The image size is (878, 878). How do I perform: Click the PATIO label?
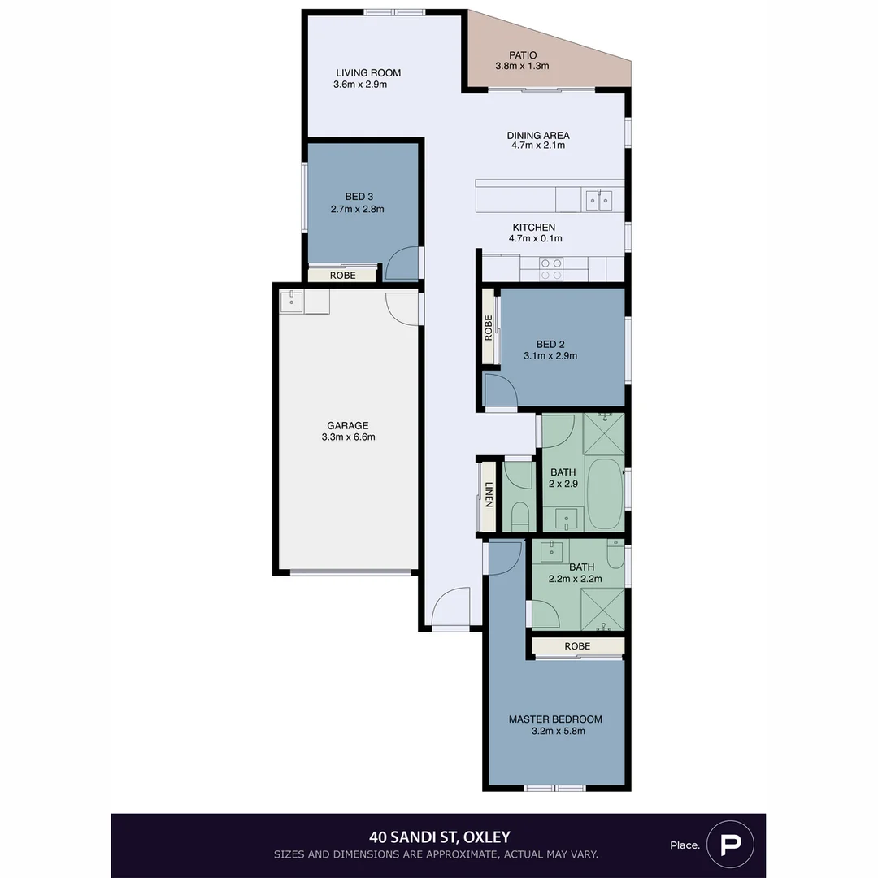523,55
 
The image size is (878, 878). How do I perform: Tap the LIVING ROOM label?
367,73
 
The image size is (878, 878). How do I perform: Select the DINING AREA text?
537,136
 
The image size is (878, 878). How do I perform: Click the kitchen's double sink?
599,199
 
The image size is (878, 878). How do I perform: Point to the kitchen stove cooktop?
551,269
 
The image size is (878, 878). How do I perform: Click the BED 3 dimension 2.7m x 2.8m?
357,209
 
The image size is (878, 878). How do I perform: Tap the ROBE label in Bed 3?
342,276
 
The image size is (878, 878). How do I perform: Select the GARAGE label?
347,425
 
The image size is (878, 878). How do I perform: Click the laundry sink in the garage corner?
291,302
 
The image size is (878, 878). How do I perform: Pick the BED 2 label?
550,344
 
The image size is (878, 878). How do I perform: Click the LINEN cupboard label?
489,494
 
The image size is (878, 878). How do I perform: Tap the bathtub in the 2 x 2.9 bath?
604,494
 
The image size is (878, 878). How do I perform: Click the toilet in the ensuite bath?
616,556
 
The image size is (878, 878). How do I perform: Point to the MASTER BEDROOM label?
555,719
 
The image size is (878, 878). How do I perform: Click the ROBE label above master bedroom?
577,646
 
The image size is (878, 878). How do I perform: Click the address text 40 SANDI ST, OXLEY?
439,837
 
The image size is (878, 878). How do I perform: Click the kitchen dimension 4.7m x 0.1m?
537,239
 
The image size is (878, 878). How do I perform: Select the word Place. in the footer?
685,845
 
